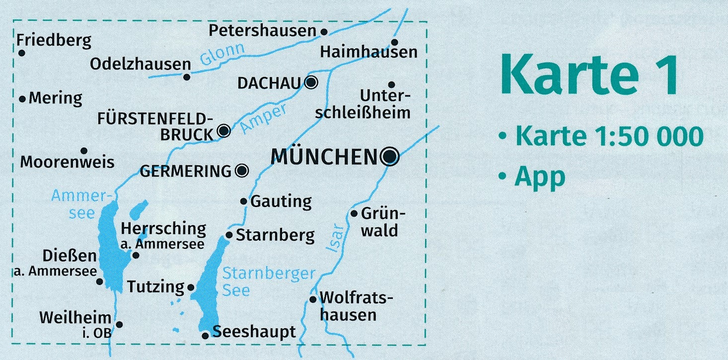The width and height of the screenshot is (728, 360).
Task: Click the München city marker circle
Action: tap(389, 156)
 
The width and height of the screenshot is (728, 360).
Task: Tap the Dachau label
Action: tap(270, 83)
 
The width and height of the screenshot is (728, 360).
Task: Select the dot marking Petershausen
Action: tap(324, 32)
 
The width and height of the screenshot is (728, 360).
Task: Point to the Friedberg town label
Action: tap(54, 41)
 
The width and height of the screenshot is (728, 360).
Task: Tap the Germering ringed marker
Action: tap(242, 171)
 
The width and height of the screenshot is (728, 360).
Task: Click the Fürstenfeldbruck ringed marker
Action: tap(224, 131)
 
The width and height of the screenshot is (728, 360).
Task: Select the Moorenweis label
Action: tap(68, 162)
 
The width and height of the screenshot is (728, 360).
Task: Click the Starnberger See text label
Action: tap(268, 281)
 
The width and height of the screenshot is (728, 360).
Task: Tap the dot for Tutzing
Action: tap(191, 288)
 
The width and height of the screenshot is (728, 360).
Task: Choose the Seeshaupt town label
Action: tap(254, 332)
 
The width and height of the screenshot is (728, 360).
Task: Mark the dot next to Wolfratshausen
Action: tap(313, 299)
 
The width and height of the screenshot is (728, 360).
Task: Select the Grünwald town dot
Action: tap(354, 214)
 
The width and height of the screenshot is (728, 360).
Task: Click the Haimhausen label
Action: tap(368, 52)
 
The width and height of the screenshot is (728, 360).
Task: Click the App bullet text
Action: tap(540, 177)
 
